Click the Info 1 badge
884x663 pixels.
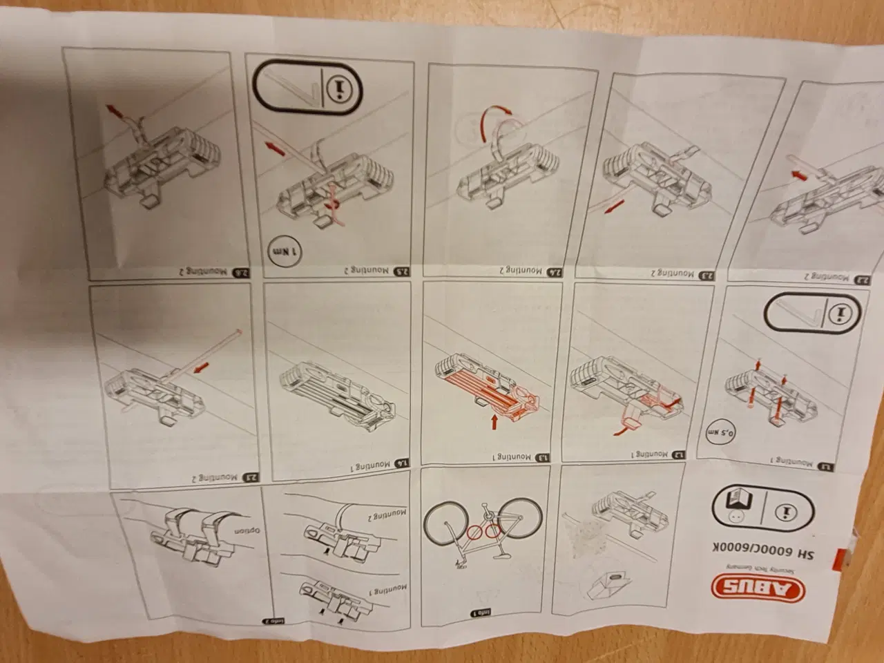click(x=480, y=611)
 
